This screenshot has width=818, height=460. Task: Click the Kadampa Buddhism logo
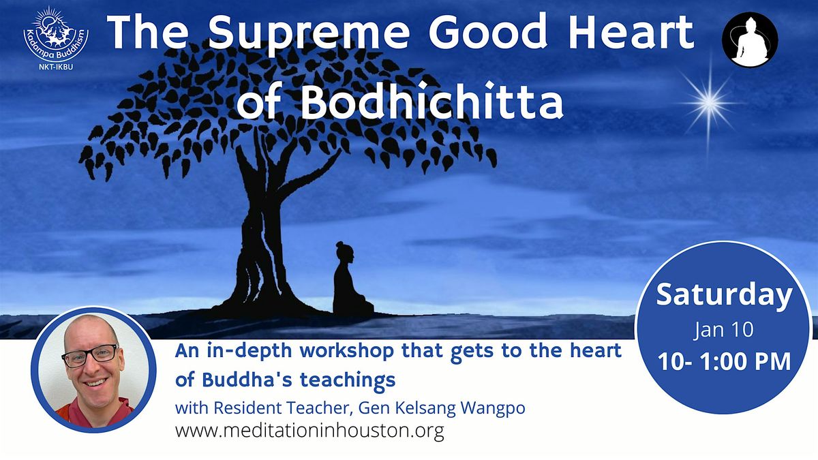pos(55,34)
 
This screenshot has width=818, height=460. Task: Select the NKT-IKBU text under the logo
pos(55,67)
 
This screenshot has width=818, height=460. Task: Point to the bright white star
pos(709,103)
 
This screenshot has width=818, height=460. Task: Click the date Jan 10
pos(723,329)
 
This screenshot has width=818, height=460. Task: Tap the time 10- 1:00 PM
pos(724,361)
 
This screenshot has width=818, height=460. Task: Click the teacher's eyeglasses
pos(90,355)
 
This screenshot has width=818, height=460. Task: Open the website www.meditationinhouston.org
pos(309,431)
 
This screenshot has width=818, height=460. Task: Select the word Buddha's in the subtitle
pos(247,380)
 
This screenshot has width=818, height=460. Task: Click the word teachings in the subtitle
pos(348,381)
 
